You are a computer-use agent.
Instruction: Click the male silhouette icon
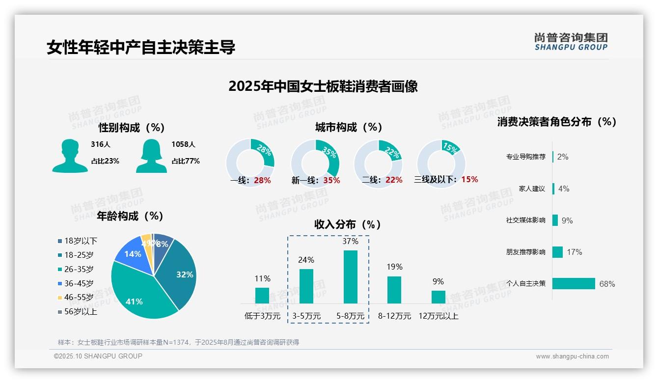(70, 156)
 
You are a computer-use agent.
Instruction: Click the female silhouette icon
(151, 156)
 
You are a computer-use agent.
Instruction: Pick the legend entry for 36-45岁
(79, 283)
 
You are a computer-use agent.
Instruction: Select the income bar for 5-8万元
(351, 277)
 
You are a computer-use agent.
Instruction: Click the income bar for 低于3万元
(262, 296)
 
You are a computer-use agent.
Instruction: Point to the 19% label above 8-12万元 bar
(394, 267)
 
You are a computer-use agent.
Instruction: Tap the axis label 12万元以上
(438, 316)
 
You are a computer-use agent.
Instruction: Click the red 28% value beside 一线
(262, 180)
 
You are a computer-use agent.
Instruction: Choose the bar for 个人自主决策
(574, 283)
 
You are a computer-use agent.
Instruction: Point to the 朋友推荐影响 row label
(525, 252)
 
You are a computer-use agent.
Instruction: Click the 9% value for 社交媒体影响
(567, 220)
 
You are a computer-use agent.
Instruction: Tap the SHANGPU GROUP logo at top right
(571, 42)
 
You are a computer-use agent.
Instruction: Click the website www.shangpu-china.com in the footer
(572, 356)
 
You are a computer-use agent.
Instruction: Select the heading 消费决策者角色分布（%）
(556, 122)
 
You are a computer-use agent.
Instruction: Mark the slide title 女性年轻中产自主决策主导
(141, 47)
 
